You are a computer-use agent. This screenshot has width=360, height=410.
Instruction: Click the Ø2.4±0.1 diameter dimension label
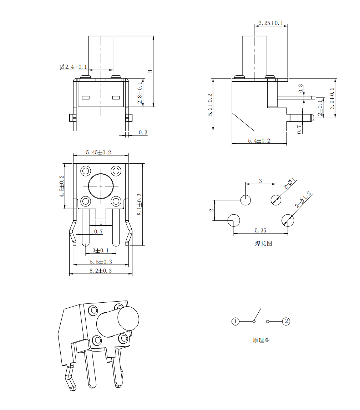click(73, 67)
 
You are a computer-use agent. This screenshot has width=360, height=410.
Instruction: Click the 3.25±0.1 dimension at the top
click(271, 23)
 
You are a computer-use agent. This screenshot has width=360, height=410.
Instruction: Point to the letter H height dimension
click(150, 71)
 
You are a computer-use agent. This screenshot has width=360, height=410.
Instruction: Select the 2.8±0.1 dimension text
click(140, 93)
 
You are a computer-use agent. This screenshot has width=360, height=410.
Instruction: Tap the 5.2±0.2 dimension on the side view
click(210, 104)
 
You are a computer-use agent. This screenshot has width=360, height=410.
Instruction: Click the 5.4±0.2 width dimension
click(259, 141)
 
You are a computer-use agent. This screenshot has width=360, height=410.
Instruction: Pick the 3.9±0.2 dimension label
click(332, 98)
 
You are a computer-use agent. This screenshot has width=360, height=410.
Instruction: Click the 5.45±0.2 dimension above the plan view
click(98, 152)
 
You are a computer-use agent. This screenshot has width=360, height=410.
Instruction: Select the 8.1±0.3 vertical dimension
click(140, 204)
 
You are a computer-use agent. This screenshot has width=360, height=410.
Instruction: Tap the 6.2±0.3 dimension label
click(101, 271)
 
